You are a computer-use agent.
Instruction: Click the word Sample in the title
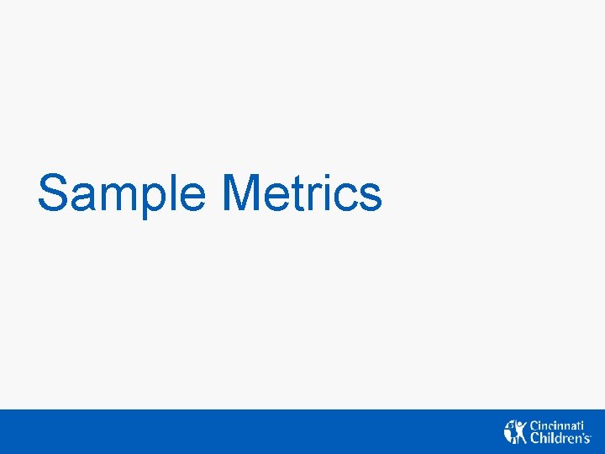click(x=121, y=193)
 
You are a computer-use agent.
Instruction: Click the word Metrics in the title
click(x=302, y=193)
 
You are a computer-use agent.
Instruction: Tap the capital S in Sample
click(x=53, y=193)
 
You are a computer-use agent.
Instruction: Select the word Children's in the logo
click(x=560, y=438)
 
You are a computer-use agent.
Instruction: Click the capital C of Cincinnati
click(x=534, y=426)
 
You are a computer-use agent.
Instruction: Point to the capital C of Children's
click(x=534, y=438)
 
